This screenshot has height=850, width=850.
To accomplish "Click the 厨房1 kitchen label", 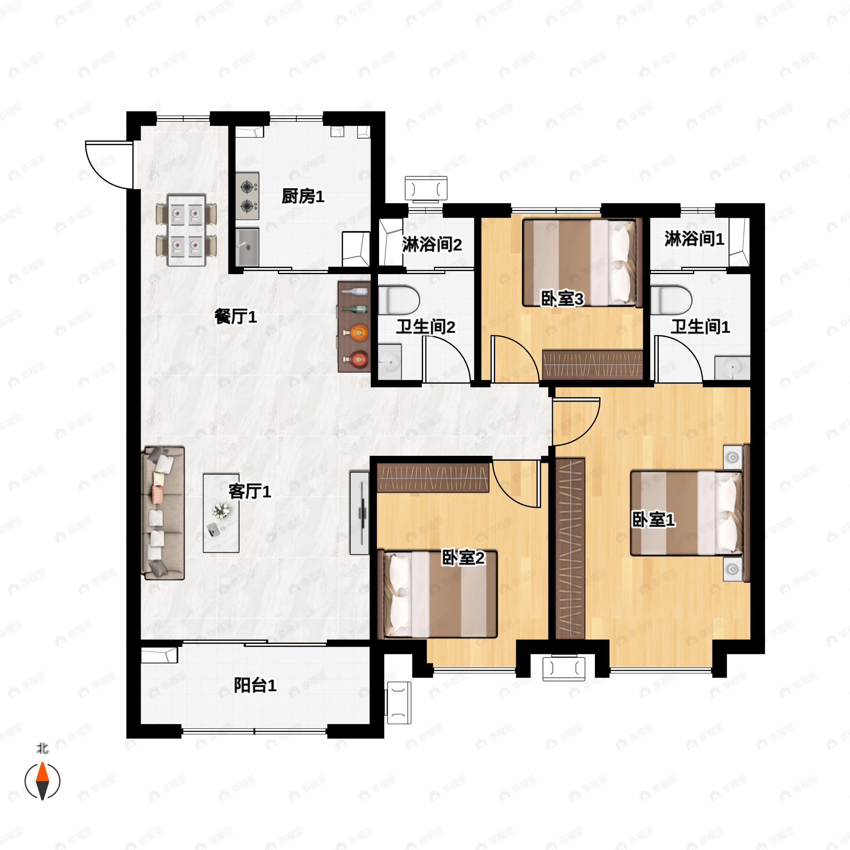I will [303, 196].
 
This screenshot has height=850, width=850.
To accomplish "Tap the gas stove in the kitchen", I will [247, 196].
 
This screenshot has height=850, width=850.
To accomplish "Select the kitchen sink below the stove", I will [247, 247].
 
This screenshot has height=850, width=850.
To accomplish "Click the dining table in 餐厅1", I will [187, 230].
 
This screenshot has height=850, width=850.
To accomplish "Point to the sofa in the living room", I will [162, 513].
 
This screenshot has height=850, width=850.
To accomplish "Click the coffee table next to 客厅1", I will [221, 513].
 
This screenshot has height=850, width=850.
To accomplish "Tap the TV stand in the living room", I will [359, 513].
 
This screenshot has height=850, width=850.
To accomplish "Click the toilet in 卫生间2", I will [398, 300].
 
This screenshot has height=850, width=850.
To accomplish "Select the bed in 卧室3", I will [579, 263].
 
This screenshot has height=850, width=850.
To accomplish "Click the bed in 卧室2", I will [440, 594].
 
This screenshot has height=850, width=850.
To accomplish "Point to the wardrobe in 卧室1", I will [570, 548].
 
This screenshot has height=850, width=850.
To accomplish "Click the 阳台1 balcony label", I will [255, 685].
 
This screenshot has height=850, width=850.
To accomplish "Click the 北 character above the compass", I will [42, 748].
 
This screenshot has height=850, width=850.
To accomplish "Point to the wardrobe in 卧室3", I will [592, 365].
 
